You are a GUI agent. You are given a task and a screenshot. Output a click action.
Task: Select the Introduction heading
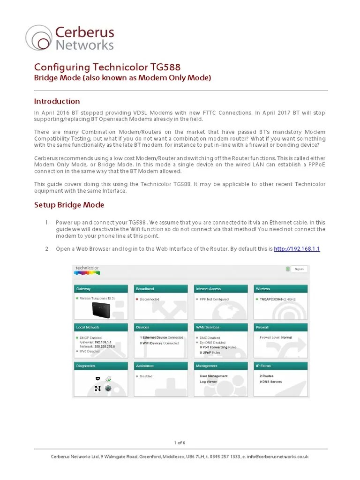point(57,101)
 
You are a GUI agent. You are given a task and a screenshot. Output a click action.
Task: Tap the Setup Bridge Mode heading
point(69,205)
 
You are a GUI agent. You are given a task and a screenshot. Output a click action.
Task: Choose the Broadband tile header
point(161,289)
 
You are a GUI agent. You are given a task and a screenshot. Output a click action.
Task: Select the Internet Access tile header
point(221,289)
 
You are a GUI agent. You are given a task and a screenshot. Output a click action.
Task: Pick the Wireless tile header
point(281,289)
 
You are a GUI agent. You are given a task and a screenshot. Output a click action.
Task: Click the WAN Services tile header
point(221,327)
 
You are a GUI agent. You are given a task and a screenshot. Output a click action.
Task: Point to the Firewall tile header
point(281,327)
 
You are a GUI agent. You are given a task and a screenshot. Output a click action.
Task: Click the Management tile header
point(221,366)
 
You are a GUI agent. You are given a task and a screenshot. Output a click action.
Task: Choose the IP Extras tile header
point(281,366)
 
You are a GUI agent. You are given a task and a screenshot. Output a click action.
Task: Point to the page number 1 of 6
point(180,442)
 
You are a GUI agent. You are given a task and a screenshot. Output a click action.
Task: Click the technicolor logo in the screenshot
point(87,270)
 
